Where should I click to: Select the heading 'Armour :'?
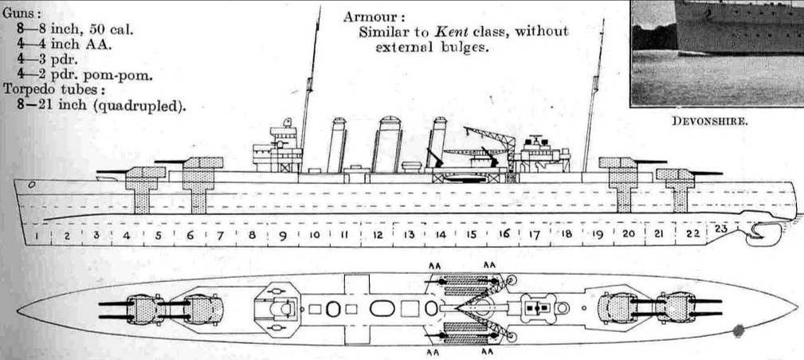click(374, 17)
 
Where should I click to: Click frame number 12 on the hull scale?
click(378, 235)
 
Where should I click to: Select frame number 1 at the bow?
click(36, 237)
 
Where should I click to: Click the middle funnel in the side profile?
click(388, 145)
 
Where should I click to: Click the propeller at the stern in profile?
click(754, 233)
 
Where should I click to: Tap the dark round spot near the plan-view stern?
click(739, 329)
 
